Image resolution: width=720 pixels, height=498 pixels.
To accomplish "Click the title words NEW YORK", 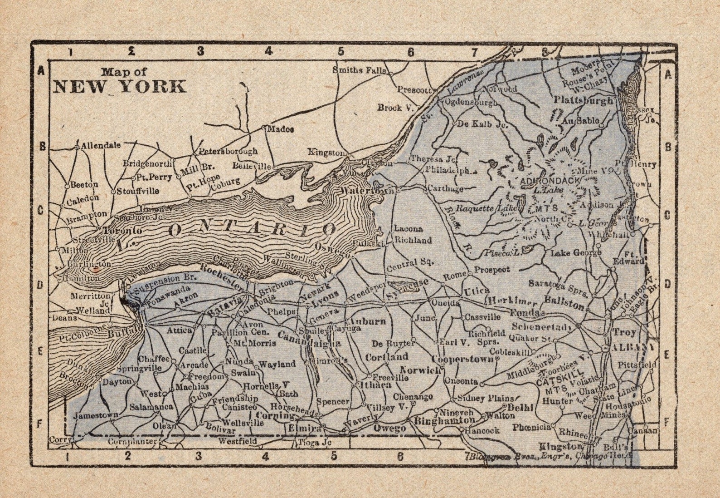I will pyautogui.click(x=120, y=86).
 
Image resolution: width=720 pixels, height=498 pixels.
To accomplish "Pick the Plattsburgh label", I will pyautogui.click(x=583, y=101).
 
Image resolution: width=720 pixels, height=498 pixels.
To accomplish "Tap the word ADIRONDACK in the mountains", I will pyautogui.click(x=550, y=181).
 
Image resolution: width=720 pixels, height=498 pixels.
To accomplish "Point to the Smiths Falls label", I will pyautogui.click(x=360, y=70).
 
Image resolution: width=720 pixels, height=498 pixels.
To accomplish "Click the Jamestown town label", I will pyautogui.click(x=96, y=415).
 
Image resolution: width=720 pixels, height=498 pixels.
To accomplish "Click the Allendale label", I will pyautogui.click(x=101, y=145).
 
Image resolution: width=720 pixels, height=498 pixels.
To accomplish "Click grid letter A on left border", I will pyautogui.click(x=40, y=71).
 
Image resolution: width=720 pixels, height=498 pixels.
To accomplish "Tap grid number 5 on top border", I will pyautogui.click(x=341, y=51).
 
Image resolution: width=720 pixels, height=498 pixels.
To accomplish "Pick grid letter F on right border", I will pyautogui.click(x=667, y=421).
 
